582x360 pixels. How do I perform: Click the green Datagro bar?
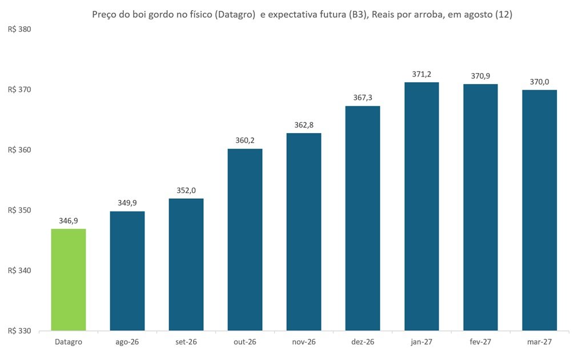coord(69,280)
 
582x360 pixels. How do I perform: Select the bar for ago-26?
coord(127,271)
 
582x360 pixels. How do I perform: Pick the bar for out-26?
coord(245,239)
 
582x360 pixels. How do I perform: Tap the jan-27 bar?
coord(422,206)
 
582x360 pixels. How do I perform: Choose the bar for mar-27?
coord(539,210)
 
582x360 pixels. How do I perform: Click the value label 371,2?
coord(422,74)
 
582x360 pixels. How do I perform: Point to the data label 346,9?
coord(69,221)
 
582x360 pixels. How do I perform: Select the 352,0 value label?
coord(186,191)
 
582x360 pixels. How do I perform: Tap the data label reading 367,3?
coord(363,98)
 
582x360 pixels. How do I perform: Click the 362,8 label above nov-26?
coord(304,125)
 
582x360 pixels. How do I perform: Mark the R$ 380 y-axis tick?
coord(19,29)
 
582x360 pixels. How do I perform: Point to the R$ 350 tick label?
coord(19,210)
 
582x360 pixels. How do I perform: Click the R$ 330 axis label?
coord(19,331)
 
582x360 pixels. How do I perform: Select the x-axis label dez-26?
coord(363,342)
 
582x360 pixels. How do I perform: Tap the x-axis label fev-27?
coord(480,342)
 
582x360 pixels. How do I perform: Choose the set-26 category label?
coord(186,342)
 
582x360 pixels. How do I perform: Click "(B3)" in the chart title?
coord(358,15)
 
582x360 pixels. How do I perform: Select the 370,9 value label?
coord(480,76)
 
